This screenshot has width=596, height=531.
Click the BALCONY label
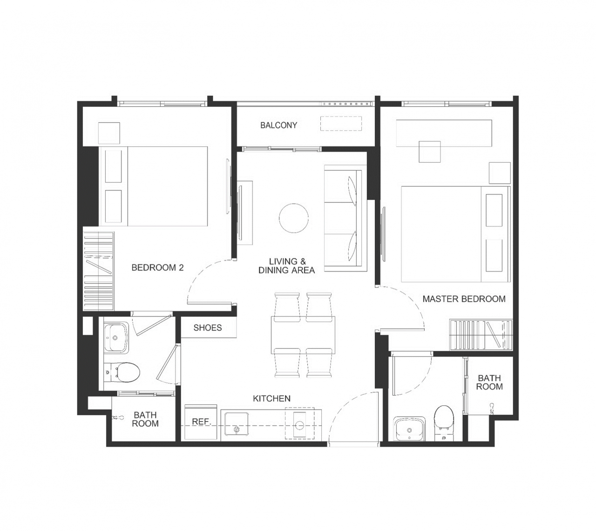[278, 125]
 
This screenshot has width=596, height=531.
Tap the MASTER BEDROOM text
[464, 299]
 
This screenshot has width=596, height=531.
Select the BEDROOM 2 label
[157, 267]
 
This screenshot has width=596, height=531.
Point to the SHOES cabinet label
[208, 327]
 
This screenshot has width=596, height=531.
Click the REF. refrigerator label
[202, 422]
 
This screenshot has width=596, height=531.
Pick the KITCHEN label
[271, 399]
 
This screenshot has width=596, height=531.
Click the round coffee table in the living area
[294, 218]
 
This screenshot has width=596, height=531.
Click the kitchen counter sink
[237, 424]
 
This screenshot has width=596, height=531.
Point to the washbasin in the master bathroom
[409, 429]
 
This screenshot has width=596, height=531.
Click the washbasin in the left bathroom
[116, 337]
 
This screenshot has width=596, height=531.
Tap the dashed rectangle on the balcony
[341, 123]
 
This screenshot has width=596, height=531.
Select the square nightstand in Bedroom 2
[109, 133]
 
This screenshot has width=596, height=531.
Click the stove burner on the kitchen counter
[300, 425]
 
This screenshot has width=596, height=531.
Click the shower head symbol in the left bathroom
[118, 417]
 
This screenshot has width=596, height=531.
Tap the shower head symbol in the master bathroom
[491, 409]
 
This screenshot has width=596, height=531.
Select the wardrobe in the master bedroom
[481, 335]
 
